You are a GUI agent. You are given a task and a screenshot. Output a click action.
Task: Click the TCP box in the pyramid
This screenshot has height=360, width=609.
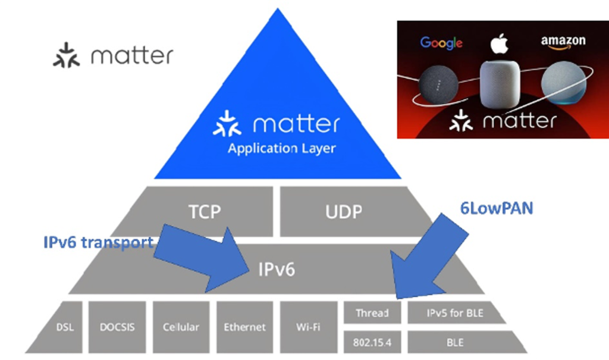pos(202,212)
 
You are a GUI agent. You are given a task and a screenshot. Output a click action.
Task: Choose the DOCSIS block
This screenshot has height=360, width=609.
pos(117,327)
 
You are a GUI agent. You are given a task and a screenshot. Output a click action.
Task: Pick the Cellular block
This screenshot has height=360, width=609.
pos(181,327)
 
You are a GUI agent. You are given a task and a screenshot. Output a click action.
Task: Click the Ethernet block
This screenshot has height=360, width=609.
pos(244,327)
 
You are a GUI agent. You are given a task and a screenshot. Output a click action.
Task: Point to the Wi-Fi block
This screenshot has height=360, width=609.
pos(309,327)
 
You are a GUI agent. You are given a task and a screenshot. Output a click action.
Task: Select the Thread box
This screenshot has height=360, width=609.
pos(372,312)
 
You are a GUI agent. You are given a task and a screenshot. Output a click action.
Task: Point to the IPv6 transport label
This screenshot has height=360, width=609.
pos(99,242)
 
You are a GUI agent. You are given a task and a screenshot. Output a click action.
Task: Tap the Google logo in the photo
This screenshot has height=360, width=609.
pos(441,43)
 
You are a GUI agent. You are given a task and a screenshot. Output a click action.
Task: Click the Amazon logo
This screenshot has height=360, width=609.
pos(563,42)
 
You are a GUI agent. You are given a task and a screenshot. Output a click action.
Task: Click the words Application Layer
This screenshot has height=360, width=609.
pos(281,148)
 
